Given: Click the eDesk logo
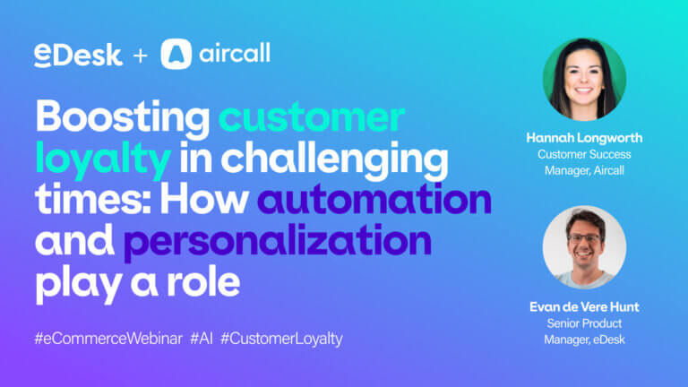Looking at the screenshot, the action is [78, 55].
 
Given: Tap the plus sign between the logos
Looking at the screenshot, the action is [141, 56].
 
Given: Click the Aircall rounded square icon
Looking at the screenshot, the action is [176, 55].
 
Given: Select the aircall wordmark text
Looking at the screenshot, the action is [235, 54].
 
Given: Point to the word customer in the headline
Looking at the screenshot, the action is [312, 117].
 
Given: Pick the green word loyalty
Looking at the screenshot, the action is [103, 160].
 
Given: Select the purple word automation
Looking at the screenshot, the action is [374, 200].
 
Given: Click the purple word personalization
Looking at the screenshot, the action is [278, 243].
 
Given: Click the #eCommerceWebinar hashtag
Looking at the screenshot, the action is [108, 339].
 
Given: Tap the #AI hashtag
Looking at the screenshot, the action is [202, 339].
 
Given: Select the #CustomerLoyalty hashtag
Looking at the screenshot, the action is [281, 340].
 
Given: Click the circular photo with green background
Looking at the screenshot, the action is [584, 80].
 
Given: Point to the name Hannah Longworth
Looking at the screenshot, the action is [584, 138].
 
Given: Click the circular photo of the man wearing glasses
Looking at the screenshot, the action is [584, 247].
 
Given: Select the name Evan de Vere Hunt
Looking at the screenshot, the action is [584, 306].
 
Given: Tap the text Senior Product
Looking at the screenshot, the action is [584, 323].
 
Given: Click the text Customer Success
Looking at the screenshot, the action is [584, 154].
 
